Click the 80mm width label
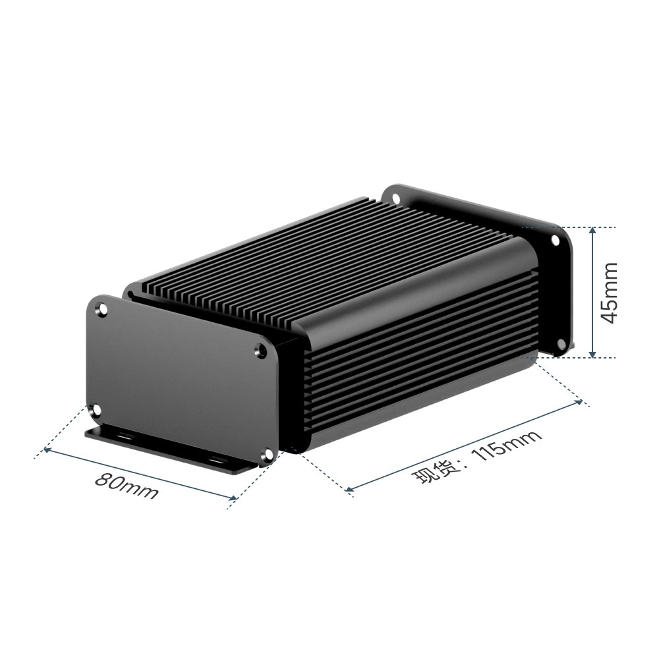click(127, 486)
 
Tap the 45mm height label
click(610, 293)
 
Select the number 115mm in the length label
click(507, 446)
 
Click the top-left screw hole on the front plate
click(101, 310)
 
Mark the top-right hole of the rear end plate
click(555, 241)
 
